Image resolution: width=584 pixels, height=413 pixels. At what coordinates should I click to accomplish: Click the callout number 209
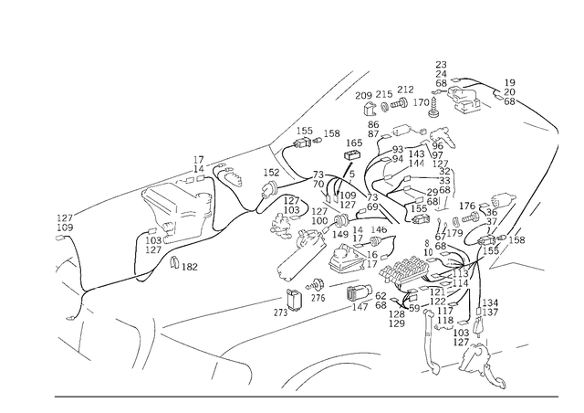(363, 96)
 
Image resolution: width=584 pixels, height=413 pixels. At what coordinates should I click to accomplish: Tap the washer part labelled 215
(385, 108)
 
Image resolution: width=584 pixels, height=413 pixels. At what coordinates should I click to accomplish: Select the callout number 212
(405, 90)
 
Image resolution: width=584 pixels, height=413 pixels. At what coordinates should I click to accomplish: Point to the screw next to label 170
(434, 106)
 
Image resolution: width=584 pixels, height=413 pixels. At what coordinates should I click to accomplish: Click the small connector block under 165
(352, 154)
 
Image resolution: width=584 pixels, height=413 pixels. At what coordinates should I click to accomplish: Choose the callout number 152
(271, 173)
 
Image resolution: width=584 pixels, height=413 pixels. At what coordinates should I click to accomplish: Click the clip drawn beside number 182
(174, 262)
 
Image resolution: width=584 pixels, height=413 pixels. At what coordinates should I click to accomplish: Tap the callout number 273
(280, 312)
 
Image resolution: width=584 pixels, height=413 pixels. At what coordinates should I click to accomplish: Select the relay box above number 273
(293, 299)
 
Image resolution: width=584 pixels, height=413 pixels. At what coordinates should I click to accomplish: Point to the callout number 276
(318, 298)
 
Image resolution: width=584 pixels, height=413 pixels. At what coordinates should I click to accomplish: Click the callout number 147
(360, 307)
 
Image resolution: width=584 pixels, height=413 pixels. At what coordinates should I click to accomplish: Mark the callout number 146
(379, 229)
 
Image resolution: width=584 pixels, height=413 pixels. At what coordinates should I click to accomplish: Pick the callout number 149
(340, 234)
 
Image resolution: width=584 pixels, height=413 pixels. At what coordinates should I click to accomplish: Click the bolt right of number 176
(471, 216)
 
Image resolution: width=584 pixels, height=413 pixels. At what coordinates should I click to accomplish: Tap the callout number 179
(454, 234)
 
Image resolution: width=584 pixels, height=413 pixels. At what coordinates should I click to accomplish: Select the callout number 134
(490, 302)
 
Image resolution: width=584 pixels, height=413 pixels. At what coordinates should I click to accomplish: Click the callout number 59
(414, 309)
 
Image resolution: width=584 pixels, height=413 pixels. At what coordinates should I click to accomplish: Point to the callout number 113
(460, 273)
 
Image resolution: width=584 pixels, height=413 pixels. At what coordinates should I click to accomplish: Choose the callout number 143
(416, 154)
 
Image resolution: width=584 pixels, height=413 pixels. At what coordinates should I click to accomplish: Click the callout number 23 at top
(441, 65)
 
